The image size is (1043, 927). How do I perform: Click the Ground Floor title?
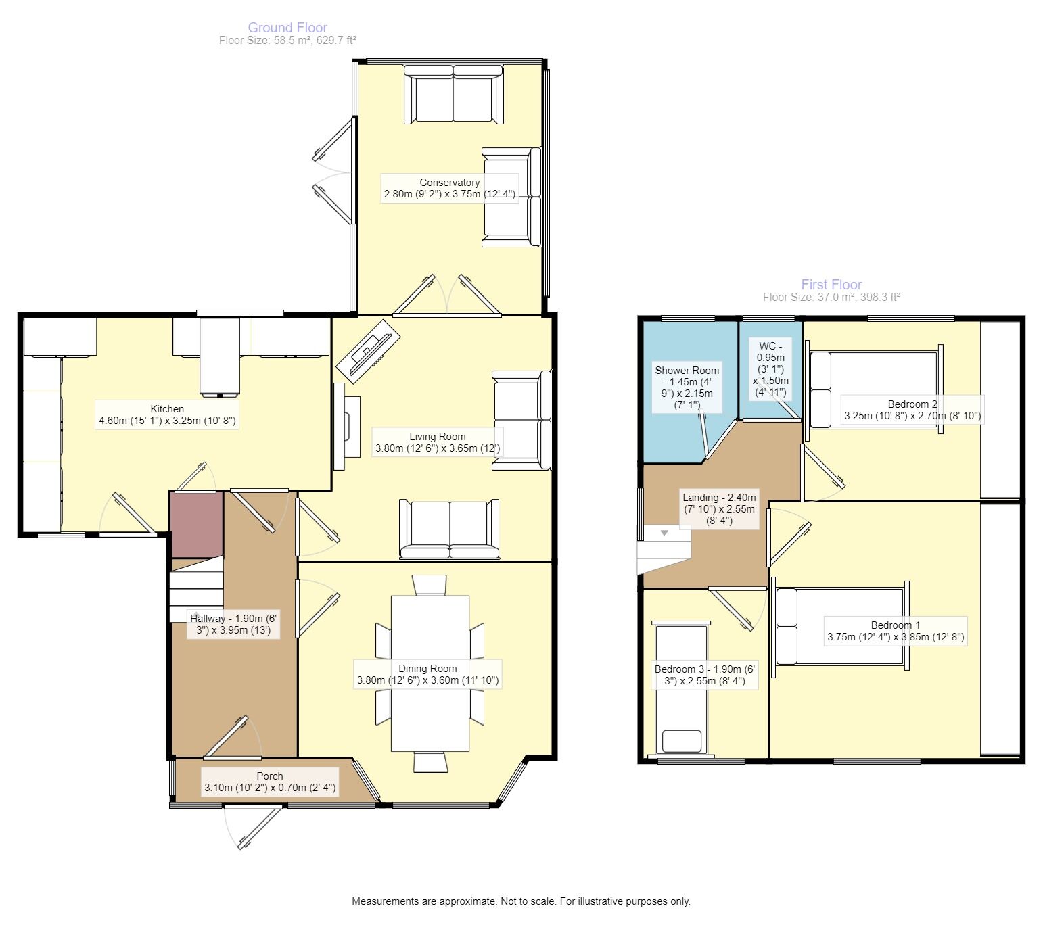287,27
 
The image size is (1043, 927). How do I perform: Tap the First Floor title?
831,284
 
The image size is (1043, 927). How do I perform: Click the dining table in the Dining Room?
430,673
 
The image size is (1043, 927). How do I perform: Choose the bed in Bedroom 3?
681,689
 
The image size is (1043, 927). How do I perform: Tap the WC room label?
770,369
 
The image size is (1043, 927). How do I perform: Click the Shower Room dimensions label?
687,387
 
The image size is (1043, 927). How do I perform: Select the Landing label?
719,508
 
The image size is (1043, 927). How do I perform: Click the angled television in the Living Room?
367,351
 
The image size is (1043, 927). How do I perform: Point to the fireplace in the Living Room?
346,426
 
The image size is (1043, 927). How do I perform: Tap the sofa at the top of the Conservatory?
453,94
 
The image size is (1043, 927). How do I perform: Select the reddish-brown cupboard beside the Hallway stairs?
197,525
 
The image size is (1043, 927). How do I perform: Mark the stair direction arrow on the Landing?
664,533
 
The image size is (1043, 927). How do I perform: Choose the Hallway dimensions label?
233,624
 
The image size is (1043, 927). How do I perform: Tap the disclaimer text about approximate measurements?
521,901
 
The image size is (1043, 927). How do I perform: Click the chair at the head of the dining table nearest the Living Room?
430,585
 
